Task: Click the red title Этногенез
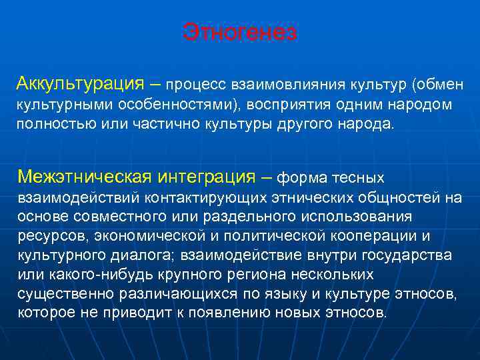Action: (x=240, y=32)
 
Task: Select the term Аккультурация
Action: (x=81, y=84)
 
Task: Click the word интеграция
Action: (x=207, y=177)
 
